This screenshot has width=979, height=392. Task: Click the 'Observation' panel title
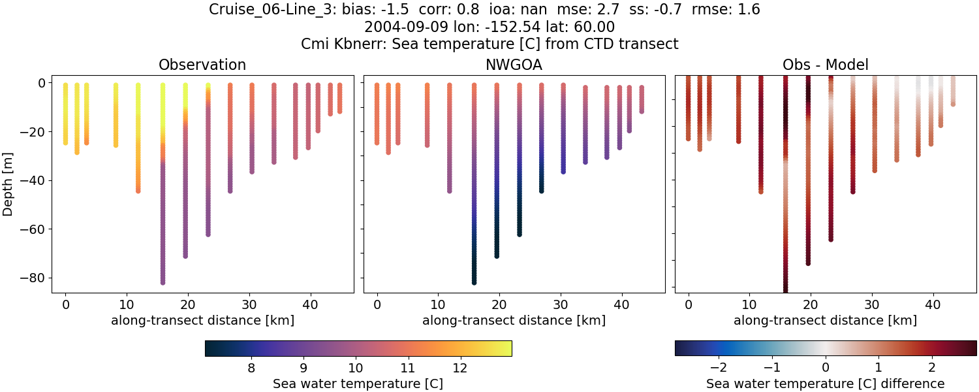[x=202, y=65]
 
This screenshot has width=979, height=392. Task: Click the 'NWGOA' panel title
[x=514, y=65]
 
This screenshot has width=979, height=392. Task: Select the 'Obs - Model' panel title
[x=825, y=65]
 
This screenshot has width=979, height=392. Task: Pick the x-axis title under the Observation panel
[x=202, y=320]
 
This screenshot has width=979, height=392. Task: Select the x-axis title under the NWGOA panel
[x=514, y=320]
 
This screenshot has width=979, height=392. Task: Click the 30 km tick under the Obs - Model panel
[x=872, y=304]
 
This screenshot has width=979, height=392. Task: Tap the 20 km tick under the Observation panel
[x=188, y=304]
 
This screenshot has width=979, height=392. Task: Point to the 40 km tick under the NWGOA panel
[x=621, y=304]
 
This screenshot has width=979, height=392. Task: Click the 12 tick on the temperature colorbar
[x=459, y=368]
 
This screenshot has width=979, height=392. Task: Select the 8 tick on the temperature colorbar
[x=251, y=368]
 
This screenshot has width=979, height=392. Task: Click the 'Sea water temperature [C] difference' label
[x=825, y=384]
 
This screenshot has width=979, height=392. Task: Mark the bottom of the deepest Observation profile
[x=163, y=282]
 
